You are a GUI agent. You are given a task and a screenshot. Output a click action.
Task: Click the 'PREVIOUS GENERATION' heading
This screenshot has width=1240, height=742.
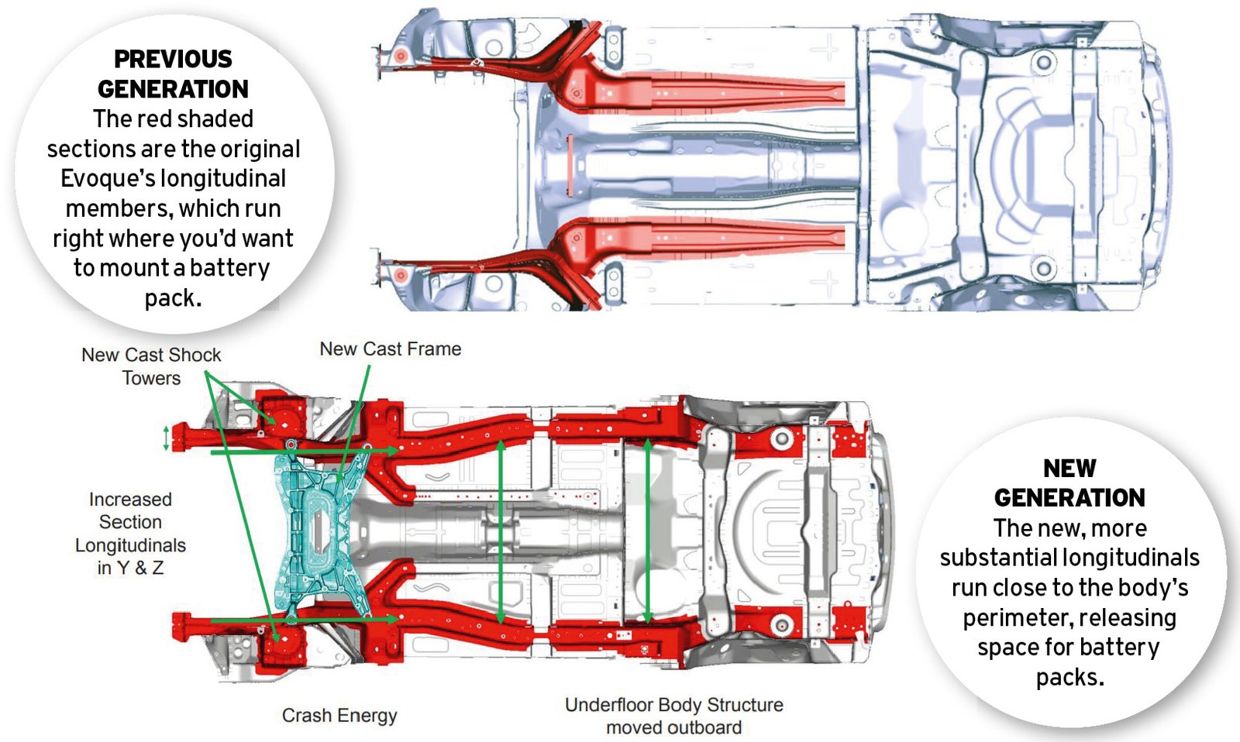tap(174, 74)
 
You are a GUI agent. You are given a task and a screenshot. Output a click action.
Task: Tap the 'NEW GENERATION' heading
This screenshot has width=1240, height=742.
tap(1069, 483)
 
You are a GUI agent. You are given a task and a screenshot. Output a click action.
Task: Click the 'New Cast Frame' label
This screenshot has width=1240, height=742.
tap(391, 349)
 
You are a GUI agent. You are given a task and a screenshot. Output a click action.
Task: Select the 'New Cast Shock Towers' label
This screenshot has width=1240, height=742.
tap(151, 366)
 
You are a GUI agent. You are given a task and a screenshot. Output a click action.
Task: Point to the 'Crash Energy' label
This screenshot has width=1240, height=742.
tap(339, 716)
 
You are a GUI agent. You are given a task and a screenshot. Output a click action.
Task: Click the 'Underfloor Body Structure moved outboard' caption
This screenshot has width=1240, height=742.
tap(673, 716)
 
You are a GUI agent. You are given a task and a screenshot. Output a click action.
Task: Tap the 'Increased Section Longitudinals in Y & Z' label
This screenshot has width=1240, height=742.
tap(130, 534)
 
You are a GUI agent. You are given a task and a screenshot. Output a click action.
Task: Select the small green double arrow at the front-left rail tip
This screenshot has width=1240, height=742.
tap(166, 439)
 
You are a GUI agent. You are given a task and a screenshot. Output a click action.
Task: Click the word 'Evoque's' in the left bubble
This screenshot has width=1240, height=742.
tap(106, 179)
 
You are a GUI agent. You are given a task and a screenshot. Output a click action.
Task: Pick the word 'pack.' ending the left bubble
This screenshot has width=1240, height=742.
tap(174, 299)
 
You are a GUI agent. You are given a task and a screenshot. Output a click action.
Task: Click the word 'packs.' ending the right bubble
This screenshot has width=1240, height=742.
tap(1069, 678)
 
